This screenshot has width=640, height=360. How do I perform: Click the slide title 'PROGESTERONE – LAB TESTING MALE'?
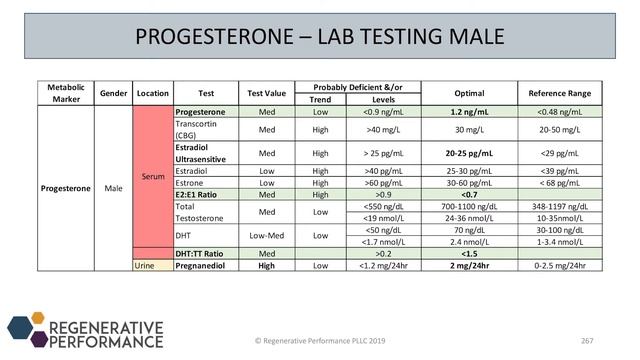[x=320, y=37]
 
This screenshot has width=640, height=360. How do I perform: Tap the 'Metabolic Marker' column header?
[x=65, y=92]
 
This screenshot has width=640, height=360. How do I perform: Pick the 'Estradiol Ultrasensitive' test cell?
[x=204, y=153]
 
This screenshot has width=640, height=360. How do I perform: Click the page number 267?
[x=587, y=341]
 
